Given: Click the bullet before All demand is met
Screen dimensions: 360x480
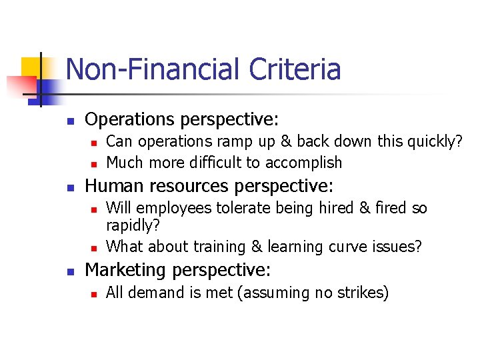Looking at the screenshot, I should coord(94,294).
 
